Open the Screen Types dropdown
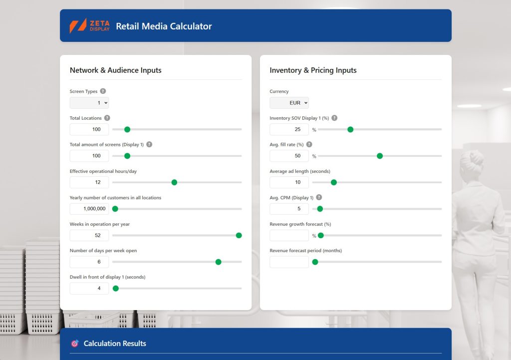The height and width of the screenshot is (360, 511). coord(89,103)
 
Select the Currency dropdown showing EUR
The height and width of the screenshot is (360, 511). coord(289,103)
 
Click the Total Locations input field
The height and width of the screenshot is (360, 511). coord(89,129)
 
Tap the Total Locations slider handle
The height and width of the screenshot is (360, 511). coord(127,129)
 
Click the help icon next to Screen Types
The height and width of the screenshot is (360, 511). coord(103,91)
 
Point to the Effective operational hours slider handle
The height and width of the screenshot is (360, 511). coord(174,182)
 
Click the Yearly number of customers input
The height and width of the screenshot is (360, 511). coord(89,209)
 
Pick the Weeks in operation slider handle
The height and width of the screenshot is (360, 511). coord(239,236)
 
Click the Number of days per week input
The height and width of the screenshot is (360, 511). coord(89,262)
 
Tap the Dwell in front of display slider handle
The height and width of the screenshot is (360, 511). coord(116,288)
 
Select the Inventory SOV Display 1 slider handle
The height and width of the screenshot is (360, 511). coord(350,129)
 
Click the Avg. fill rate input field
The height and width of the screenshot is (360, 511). coord(289,156)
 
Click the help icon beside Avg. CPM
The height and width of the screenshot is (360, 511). coord(319,197)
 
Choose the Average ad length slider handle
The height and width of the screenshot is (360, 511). coord(334,182)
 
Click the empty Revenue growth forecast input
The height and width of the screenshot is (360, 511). coord(289,236)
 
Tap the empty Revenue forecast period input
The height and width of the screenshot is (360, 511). coord(289,262)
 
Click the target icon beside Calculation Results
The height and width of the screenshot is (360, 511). coord(75,344)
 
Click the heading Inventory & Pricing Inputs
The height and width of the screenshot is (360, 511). coord(313,70)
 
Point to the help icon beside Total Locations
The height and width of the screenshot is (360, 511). coord(107,118)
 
